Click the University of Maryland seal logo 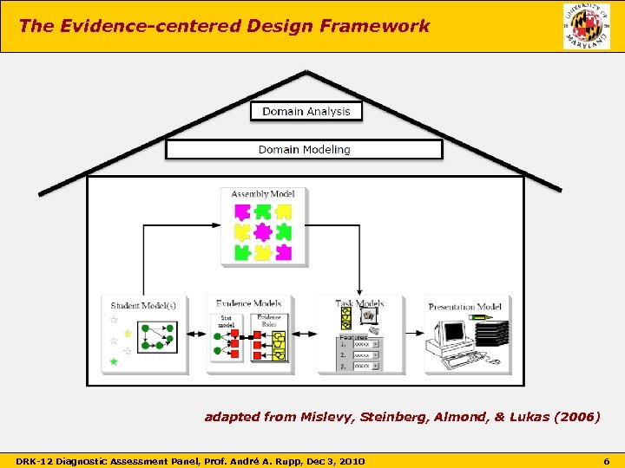click(586, 26)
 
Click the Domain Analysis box click(306, 111)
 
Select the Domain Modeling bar click(304, 150)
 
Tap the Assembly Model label click(263, 193)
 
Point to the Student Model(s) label click(143, 304)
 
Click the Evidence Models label click(248, 303)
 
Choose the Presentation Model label click(464, 306)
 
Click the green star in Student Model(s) click(112, 361)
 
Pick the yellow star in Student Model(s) click(128, 333)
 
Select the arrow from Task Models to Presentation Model click(413, 334)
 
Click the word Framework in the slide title click(386, 26)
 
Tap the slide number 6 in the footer click(607, 460)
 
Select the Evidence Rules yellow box click(280, 343)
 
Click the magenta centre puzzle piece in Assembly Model click(263, 231)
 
